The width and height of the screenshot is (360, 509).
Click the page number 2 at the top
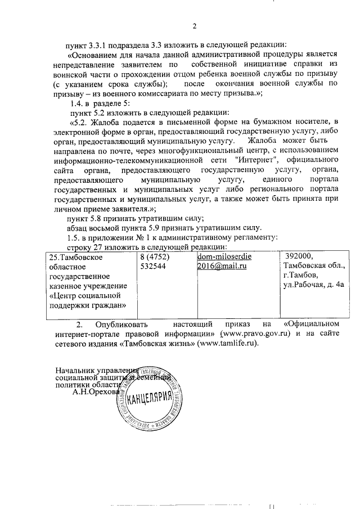pos(195,26)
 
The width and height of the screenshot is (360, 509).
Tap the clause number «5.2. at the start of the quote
pos(79,122)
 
